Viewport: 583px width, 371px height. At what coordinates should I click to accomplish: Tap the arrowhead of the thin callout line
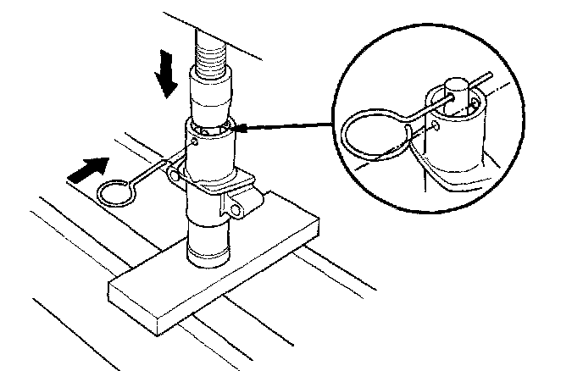pyautogui.click(x=238, y=130)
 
